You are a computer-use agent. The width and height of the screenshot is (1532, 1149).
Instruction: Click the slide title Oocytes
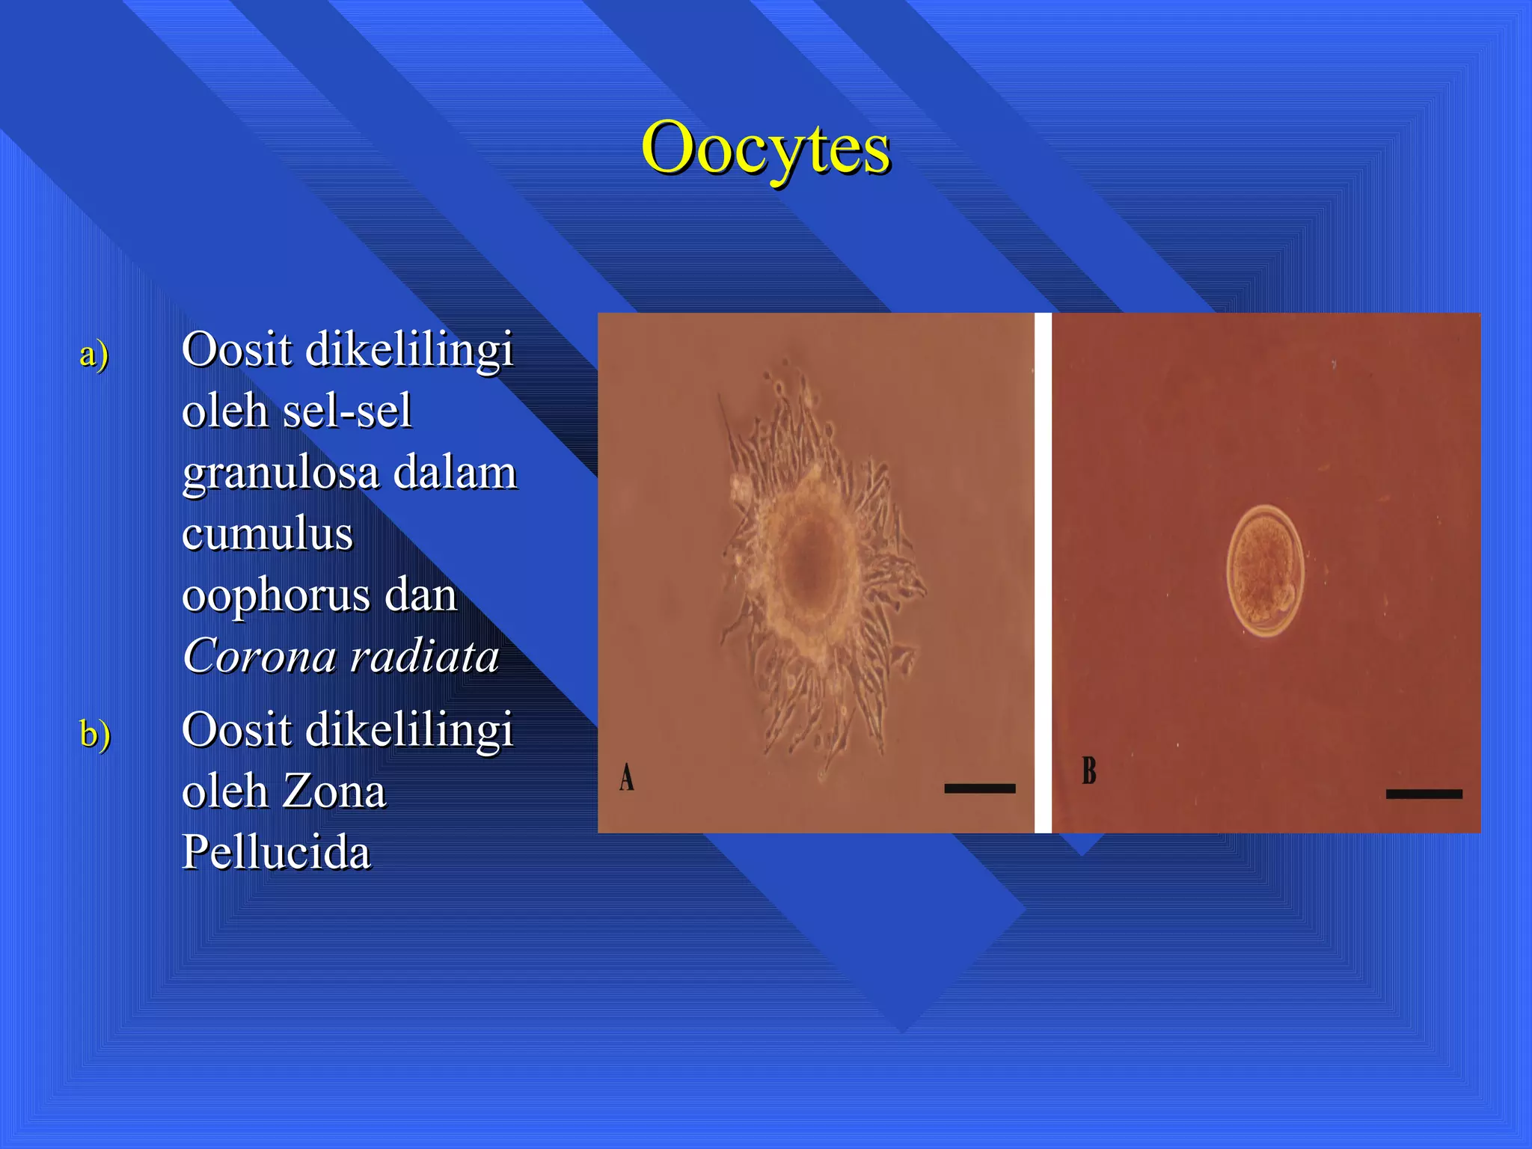tap(765, 148)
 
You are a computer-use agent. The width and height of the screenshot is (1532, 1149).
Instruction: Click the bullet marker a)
tap(94, 353)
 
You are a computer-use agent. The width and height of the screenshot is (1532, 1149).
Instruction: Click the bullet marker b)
tap(95, 733)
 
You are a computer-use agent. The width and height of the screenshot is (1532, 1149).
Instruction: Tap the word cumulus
tap(267, 534)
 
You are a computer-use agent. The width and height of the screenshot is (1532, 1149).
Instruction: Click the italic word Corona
tap(260, 657)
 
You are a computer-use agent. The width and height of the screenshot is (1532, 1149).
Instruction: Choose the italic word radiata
tap(424, 657)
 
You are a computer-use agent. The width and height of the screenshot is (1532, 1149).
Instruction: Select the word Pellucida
tap(276, 853)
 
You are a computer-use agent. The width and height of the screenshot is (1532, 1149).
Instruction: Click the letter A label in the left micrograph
tap(627, 777)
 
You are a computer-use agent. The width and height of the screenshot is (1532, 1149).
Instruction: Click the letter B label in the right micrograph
tap(1089, 770)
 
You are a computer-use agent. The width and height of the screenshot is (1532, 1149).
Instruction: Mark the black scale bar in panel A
tap(979, 788)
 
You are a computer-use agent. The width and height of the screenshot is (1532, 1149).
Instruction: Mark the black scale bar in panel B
tap(1424, 794)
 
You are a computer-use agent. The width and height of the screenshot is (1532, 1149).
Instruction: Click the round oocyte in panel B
tap(1265, 570)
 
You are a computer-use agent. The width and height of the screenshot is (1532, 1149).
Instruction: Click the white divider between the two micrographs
tap(1043, 572)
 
